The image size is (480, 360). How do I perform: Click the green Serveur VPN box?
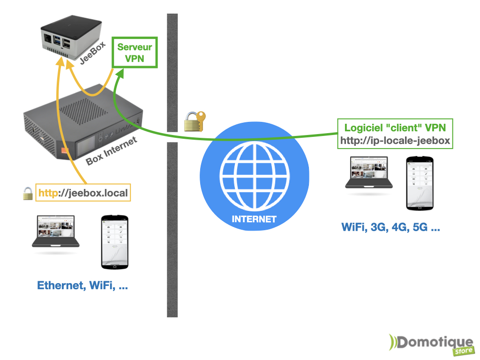pos(135,53)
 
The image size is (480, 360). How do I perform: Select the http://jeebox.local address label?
pos(83,193)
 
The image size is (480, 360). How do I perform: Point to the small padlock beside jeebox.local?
pos(28,193)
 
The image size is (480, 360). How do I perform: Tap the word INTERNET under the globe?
pos(255,219)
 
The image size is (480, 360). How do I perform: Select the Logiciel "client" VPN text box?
pos(395,134)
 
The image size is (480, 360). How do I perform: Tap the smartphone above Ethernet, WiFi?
pos(115,242)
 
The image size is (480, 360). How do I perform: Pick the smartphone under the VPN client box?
pos(420,182)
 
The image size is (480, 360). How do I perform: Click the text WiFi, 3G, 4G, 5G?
pos(390,228)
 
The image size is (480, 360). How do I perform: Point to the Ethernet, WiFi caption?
pos(82,285)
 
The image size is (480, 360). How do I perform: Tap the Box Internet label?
pos(112,151)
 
